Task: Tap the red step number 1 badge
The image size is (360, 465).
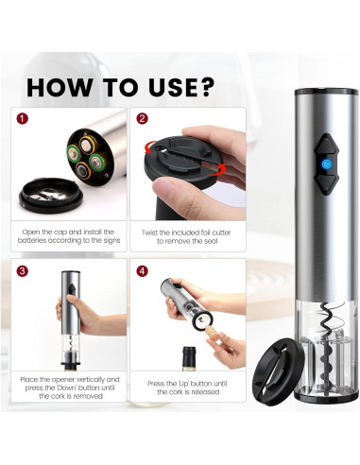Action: tap(24, 120)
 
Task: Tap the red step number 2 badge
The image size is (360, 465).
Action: tap(142, 120)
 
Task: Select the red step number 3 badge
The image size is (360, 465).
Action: tap(24, 271)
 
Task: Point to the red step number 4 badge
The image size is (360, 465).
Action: tap(142, 271)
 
